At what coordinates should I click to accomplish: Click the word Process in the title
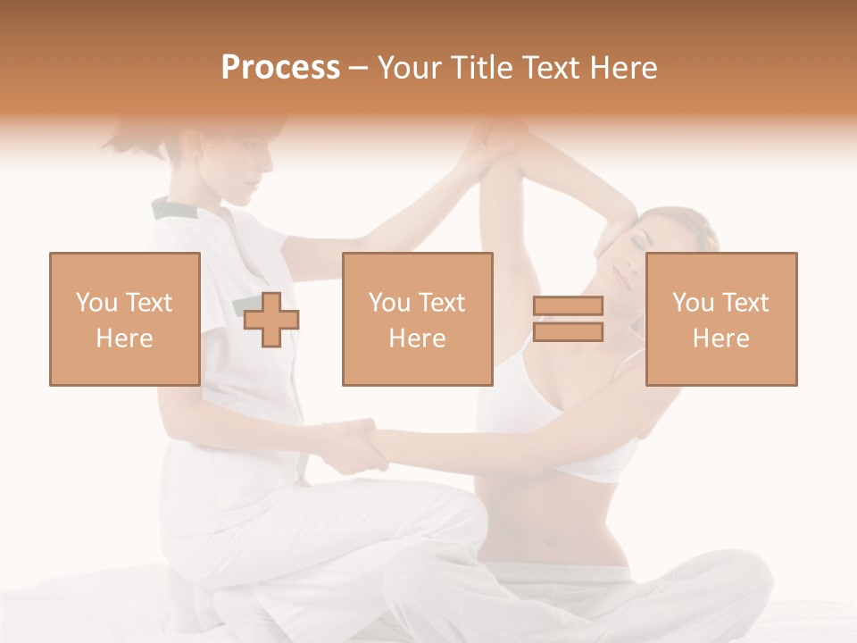(x=280, y=68)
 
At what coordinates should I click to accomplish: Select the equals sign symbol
(x=568, y=319)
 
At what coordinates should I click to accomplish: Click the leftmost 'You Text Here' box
(x=124, y=319)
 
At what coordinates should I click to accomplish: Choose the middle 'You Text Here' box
(x=417, y=319)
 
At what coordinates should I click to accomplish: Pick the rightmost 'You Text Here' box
(x=720, y=319)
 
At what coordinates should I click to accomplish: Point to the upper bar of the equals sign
(x=568, y=306)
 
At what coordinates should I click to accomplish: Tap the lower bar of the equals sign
(x=568, y=332)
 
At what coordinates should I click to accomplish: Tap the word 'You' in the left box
(x=96, y=303)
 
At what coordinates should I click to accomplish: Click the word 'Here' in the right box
(x=720, y=338)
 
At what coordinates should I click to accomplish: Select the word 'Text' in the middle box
(x=441, y=303)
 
